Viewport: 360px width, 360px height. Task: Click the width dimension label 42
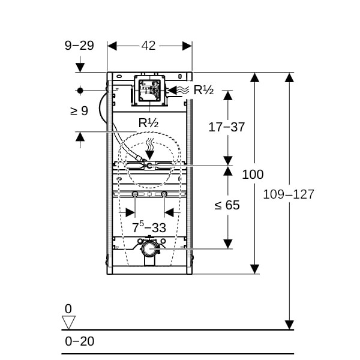[148, 46]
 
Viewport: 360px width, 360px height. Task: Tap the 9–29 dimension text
[79, 45]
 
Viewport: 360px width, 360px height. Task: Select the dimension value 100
[253, 174]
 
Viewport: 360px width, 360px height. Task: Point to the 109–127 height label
[289, 194]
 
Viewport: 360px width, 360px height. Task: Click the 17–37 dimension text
[227, 127]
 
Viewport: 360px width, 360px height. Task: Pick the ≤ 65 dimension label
[227, 205]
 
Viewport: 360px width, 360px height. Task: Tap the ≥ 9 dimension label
[79, 111]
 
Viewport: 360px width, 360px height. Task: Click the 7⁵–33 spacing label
[149, 227]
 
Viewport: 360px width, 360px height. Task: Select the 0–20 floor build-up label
[79, 341]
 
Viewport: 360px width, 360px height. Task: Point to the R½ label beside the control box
[203, 90]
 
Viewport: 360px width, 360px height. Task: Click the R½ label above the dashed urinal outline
[148, 123]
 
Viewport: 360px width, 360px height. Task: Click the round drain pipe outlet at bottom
[149, 249]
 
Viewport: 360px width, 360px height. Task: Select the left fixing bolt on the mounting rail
[135, 194]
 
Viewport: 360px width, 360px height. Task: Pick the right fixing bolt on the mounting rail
[164, 194]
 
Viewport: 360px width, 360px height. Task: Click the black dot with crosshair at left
[80, 91]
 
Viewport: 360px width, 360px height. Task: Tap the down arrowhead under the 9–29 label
[80, 67]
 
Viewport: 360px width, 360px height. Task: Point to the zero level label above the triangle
[68, 308]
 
